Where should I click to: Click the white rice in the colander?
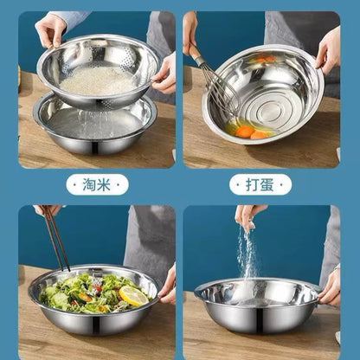[x=97, y=81]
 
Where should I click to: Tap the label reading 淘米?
[x=97, y=184]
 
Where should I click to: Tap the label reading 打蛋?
[x=260, y=184]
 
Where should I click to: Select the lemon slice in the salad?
[x=134, y=296]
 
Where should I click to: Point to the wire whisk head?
[x=221, y=95]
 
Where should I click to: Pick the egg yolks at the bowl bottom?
[x=246, y=132]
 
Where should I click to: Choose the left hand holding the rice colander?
[x=49, y=29]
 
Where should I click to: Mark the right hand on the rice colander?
[x=164, y=74]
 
